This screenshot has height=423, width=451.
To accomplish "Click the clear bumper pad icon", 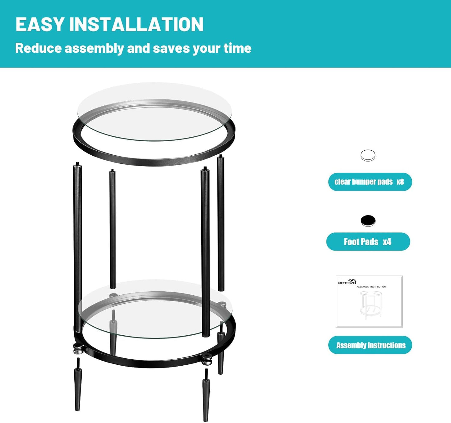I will (368, 155).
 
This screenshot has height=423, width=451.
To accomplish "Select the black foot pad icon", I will (368, 221).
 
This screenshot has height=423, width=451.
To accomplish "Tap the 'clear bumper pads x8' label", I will (370, 182).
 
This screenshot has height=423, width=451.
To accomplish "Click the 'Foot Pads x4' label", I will (368, 242).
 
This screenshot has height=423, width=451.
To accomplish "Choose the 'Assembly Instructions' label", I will (370, 345).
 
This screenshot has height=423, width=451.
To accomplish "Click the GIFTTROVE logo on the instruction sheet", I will (347, 282).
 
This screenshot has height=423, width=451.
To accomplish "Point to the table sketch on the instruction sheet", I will (371, 304).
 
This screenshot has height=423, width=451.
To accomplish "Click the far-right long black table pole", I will (221, 221).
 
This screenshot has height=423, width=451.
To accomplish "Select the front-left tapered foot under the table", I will (78, 387).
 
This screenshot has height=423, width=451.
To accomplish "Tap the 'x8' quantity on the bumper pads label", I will (400, 182).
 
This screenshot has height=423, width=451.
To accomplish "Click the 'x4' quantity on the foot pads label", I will (387, 242).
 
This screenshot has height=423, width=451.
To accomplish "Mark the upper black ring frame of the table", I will (154, 161).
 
